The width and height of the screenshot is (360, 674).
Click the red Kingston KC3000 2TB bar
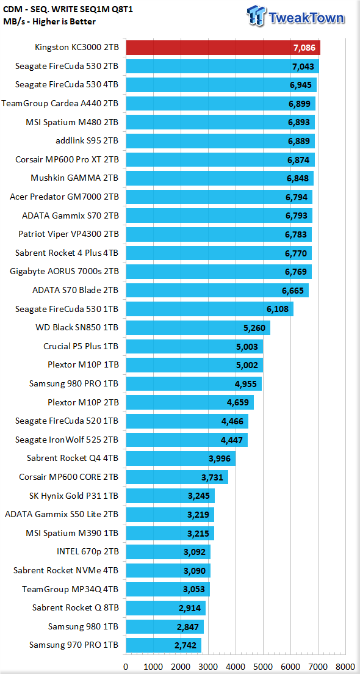pyautogui.click(x=223, y=48)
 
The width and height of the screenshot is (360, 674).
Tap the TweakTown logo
pyautogui.click(x=295, y=17)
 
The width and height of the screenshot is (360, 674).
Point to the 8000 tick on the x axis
pyautogui.click(x=346, y=667)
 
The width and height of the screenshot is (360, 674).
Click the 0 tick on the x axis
pyautogui.click(x=126, y=667)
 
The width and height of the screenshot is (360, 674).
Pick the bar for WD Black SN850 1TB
pyautogui.click(x=198, y=328)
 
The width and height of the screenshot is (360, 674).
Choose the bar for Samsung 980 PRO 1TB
pyautogui.click(x=193, y=384)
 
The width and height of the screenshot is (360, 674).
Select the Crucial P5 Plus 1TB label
pyautogui.click(x=81, y=346)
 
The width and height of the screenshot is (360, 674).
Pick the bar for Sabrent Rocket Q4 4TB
pyautogui.click(x=181, y=458)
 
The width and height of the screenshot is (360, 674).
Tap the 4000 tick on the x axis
pyautogui.click(x=236, y=667)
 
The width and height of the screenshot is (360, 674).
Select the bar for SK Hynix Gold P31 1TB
pyautogui.click(x=170, y=496)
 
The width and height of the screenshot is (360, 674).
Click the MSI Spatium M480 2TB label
pyautogui.click(x=72, y=123)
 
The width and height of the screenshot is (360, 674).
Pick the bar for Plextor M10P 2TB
pyautogui.click(x=189, y=403)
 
